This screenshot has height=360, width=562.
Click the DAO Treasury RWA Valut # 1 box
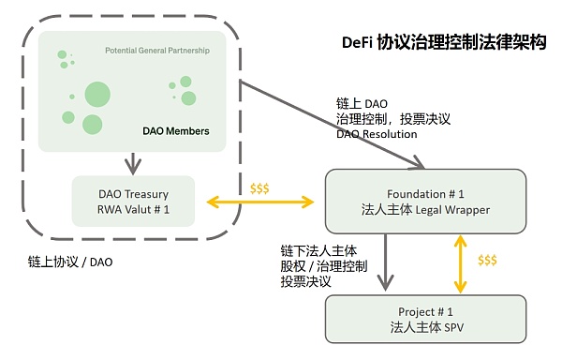point(132,201)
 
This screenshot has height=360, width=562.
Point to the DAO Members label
point(175,131)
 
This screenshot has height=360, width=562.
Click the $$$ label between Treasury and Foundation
point(259,188)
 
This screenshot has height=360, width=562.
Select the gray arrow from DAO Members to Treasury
point(132,161)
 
